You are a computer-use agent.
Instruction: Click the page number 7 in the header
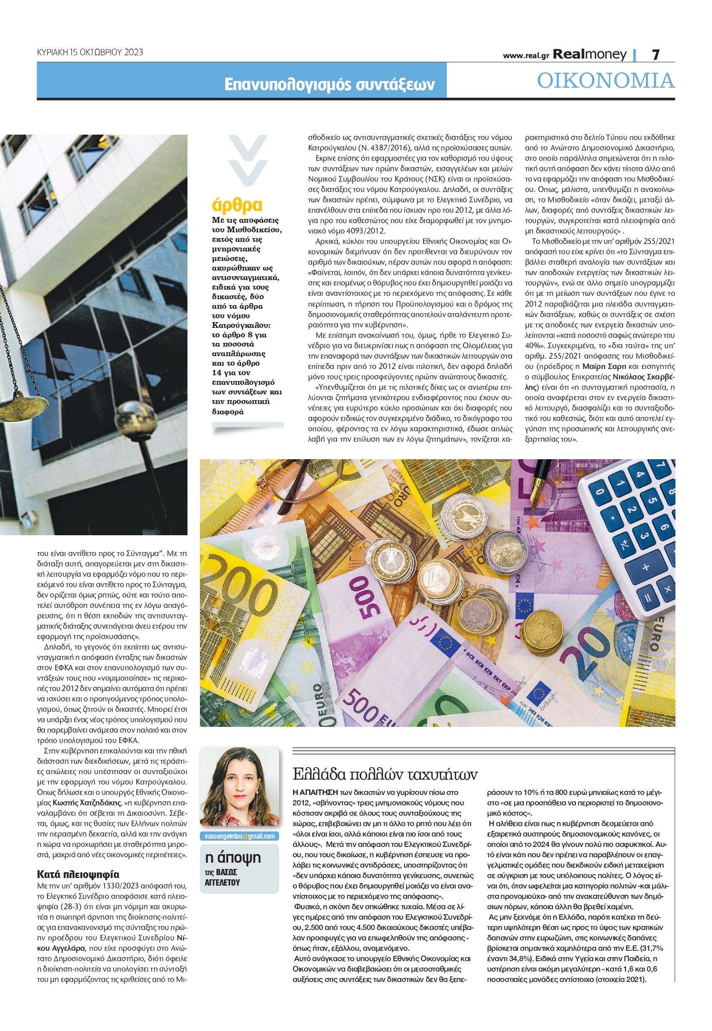coord(655,54)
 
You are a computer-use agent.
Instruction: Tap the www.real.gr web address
coord(525,56)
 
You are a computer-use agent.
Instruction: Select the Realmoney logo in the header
coord(589,54)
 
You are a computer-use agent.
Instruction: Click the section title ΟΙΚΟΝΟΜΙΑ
coord(605,81)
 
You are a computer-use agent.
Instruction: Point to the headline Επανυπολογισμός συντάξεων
coord(329,84)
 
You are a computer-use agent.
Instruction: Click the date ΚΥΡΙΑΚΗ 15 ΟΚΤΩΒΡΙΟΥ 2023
coord(90,52)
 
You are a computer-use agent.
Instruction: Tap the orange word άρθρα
coord(237,206)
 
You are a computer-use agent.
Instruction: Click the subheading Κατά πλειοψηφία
coord(78,874)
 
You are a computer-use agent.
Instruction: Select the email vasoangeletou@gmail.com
coord(239,836)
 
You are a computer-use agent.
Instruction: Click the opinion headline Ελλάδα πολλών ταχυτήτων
coord(385,775)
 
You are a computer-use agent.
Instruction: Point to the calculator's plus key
coord(645,568)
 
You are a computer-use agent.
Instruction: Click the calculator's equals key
coord(648,598)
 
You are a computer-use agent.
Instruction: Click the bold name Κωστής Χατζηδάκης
coord(86,803)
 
